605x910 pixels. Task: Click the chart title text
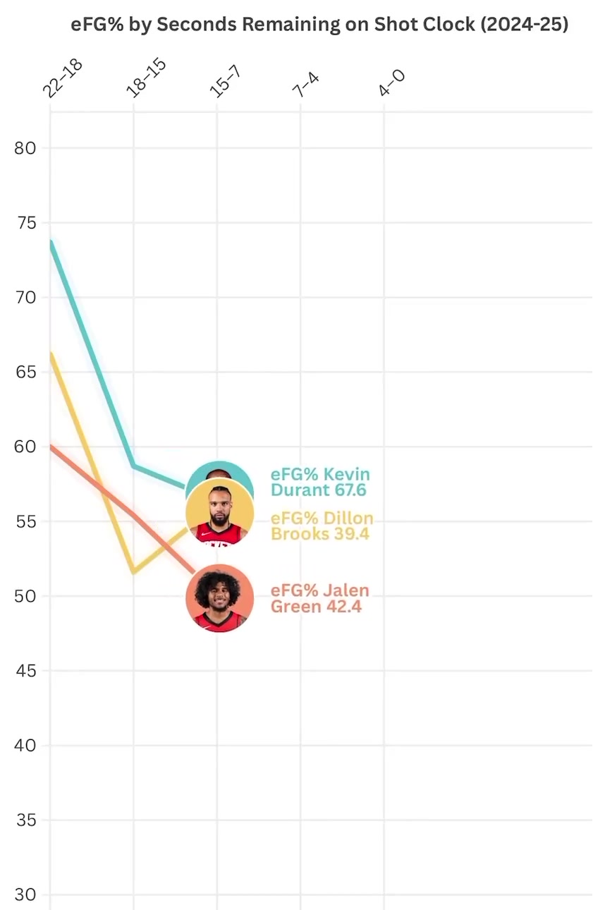pos(319,25)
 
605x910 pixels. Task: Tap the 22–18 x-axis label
pos(63,78)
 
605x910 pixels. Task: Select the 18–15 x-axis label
pos(146,77)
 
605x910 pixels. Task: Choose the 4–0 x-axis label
pos(392,83)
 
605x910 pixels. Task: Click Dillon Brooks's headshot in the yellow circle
pos(219,515)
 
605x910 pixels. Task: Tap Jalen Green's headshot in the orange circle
pos(219,599)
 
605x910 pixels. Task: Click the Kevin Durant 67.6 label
pos(320,482)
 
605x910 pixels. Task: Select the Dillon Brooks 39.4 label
pos(322,526)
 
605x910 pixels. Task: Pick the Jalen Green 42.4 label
pos(319,598)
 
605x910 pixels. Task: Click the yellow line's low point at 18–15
pos(134,572)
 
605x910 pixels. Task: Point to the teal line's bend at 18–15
pos(134,466)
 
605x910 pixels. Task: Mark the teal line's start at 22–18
pos(51,243)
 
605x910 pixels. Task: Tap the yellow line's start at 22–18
pos(51,353)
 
